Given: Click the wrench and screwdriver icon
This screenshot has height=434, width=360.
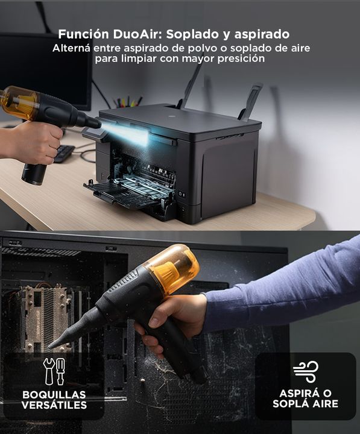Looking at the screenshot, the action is click(54, 371).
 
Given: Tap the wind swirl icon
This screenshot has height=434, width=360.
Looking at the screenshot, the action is click(306, 371).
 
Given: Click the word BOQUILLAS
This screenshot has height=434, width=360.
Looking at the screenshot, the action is click(54, 394).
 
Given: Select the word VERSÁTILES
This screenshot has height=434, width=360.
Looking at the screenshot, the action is click(54, 405).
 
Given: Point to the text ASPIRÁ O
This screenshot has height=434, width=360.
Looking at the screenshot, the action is click(306, 393).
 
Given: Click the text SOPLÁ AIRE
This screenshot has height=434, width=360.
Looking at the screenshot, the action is click(306, 403).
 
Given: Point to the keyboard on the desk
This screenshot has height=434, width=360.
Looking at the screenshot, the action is click(64, 153).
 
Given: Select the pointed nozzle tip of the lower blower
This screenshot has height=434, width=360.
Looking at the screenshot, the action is click(51, 346).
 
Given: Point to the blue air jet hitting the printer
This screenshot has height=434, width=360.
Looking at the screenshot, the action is click(126, 133).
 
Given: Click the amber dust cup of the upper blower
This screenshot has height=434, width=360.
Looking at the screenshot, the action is click(18, 102).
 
